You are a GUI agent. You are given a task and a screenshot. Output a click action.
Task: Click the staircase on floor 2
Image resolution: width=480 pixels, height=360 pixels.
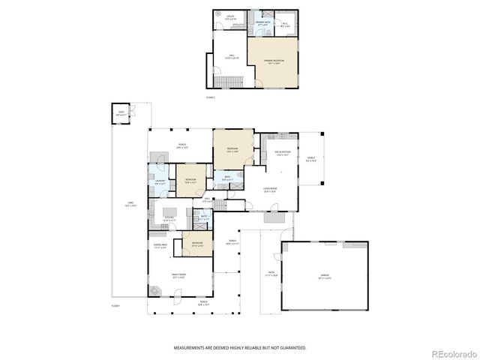tap(222, 80)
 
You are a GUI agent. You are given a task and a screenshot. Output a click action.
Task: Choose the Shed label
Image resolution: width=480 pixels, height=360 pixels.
tap(120, 113)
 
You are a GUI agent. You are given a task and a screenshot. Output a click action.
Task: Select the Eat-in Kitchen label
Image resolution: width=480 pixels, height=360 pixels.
tap(282, 154)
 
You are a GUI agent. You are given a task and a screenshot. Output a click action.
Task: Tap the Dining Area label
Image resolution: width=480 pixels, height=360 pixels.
tap(160, 246)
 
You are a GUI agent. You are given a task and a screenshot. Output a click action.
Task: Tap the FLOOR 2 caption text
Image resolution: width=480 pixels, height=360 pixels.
tap(211, 97)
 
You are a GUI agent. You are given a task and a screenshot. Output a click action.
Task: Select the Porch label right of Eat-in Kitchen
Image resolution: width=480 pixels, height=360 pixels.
tap(310, 159)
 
